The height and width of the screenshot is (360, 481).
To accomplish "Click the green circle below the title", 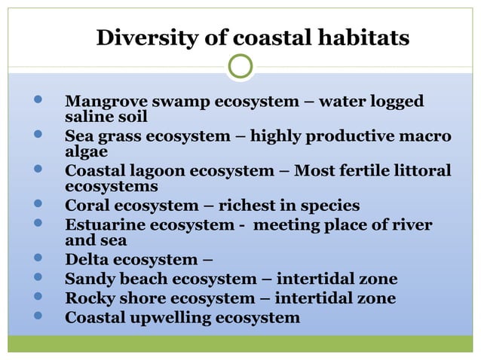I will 240,66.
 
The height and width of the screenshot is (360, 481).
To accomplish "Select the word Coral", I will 87,206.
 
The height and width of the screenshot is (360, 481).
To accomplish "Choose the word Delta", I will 87,261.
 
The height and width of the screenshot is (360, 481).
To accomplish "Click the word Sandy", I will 89,279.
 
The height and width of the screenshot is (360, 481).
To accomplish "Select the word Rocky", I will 90,298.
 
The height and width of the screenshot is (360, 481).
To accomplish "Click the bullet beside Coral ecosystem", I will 38,204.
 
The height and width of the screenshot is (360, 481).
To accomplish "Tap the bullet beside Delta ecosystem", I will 38,259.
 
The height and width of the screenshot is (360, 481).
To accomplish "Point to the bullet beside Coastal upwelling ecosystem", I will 38,316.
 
